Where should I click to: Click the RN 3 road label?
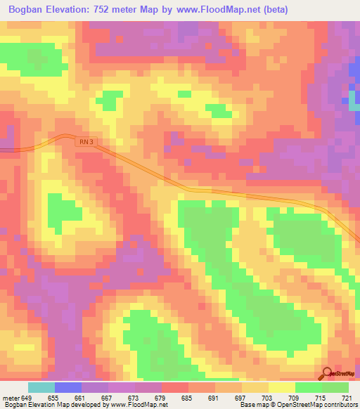84,141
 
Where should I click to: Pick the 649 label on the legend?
27,397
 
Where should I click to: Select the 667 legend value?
108,397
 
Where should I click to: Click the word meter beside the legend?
11,397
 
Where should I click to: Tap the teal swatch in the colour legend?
41,387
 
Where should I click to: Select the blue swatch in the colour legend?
67,387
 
